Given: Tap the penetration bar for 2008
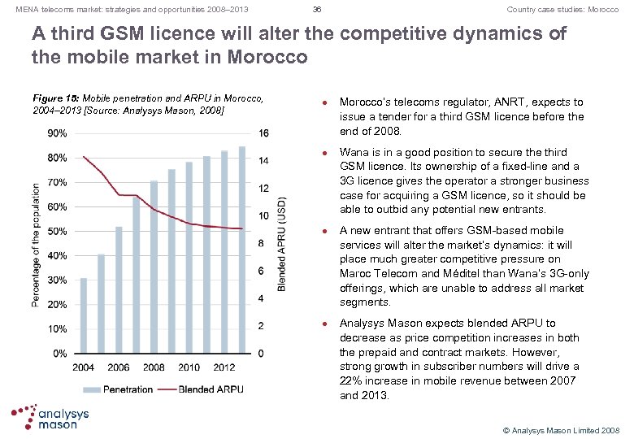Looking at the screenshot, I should tap(154, 267).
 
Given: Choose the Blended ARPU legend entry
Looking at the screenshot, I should tap(199, 389).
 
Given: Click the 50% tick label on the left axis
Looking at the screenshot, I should tap(57, 232).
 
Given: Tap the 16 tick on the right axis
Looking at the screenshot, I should tap(263, 133).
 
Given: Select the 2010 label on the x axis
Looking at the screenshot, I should tap(189, 367).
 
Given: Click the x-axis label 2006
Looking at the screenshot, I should tap(118, 367).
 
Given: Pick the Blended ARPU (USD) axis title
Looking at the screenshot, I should tap(282, 242).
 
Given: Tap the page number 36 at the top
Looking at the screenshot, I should tap(317, 10).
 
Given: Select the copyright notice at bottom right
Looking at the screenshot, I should tap(562, 429).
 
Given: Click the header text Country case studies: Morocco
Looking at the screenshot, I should tap(562, 10).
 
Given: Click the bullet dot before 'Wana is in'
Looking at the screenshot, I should tap(325, 153).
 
